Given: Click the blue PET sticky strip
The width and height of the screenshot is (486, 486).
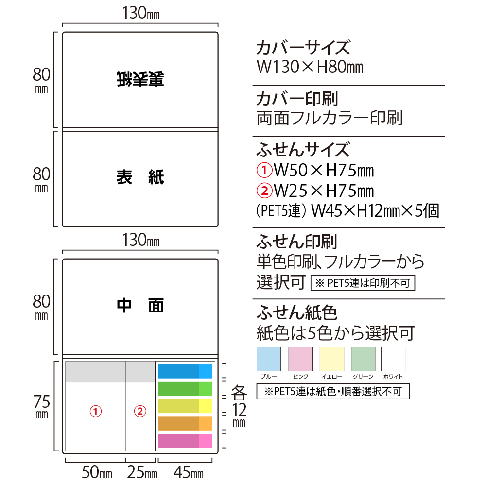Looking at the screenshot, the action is point(185,371).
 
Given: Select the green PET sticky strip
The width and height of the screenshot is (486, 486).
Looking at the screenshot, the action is point(185,388).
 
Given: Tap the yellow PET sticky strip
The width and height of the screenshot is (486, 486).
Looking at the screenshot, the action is point(185,406).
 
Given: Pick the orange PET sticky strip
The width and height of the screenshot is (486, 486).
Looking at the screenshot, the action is point(185,423).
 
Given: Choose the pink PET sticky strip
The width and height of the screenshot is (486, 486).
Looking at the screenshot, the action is point(185,440).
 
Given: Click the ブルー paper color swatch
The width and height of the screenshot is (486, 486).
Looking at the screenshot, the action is point(269,359).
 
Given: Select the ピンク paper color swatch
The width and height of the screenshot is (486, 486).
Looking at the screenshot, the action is point(301,359).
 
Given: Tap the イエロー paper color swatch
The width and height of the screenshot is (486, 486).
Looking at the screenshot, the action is point(332,359).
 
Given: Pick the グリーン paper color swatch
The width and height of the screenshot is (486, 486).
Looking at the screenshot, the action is point(363,359).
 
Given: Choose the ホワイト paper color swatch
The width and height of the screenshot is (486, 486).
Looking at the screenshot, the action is point(393,359).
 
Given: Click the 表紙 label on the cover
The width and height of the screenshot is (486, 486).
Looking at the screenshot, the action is point(140,177).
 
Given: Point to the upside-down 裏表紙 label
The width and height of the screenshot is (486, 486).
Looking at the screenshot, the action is point(140,79).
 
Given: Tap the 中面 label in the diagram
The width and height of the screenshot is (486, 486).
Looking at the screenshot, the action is point(140,306).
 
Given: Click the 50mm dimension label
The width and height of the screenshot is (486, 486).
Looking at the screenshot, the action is point(97,472).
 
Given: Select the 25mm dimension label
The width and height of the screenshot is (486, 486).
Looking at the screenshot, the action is point(142,472).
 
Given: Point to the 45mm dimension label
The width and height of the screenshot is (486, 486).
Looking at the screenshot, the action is point(189,472).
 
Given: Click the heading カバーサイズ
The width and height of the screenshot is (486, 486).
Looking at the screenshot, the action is point(303,48).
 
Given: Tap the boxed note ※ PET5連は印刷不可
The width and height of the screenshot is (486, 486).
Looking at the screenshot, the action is point(363,283).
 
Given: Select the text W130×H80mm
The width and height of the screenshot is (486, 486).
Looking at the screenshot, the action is point(310,67).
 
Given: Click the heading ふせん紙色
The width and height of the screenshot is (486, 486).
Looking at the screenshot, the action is point(296,312).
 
